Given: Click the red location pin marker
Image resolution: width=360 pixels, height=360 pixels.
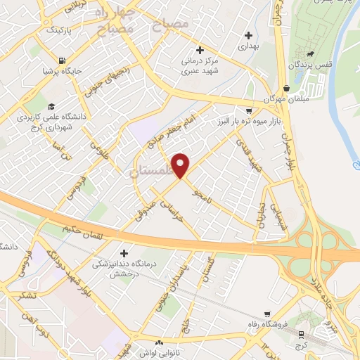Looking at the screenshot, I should [x=181, y=165].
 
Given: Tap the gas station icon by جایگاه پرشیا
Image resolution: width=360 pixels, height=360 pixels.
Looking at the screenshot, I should [x=63, y=60].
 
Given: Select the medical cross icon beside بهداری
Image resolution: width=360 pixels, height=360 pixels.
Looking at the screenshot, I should [x=247, y=34].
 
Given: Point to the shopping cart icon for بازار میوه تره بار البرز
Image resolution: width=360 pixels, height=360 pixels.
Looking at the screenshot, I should [x=248, y=110].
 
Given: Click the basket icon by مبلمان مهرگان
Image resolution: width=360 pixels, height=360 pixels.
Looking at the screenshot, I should [x=286, y=89].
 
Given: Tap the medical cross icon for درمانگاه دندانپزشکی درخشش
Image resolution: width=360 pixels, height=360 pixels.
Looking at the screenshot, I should [x=124, y=252].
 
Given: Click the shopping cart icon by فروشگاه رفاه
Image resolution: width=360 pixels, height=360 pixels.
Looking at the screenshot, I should [x=266, y=314].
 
